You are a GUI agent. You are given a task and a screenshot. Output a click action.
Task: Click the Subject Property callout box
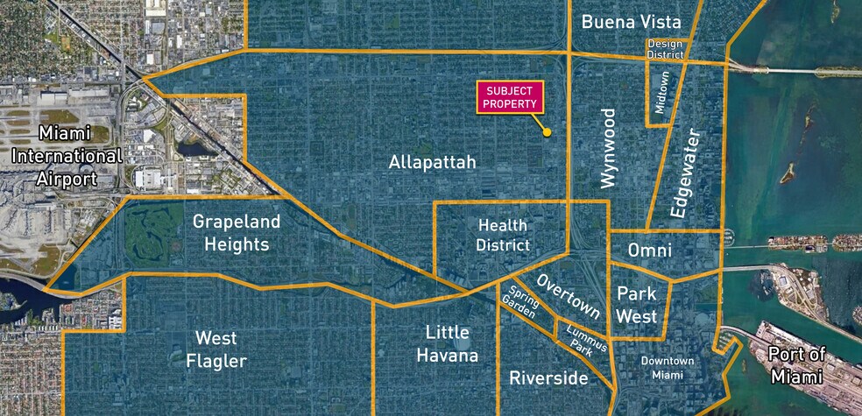(x=511, y=97)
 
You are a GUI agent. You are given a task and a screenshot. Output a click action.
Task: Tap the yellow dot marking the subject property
(x=547, y=133)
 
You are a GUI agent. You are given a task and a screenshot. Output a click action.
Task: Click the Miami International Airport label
(x=67, y=156)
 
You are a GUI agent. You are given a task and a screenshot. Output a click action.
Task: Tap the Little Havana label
(x=452, y=344)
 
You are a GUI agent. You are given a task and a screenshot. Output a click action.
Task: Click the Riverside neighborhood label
(x=548, y=378)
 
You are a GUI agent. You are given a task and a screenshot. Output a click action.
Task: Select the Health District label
(x=503, y=236)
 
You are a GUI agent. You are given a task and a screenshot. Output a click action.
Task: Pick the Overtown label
(x=569, y=297)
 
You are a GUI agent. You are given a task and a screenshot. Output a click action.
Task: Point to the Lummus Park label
(x=580, y=339)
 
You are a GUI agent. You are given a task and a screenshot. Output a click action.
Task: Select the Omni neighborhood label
(x=650, y=250)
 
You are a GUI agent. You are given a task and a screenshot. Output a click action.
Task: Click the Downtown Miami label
(x=668, y=368)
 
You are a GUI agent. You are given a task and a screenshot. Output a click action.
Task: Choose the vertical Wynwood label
(x=609, y=148)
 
